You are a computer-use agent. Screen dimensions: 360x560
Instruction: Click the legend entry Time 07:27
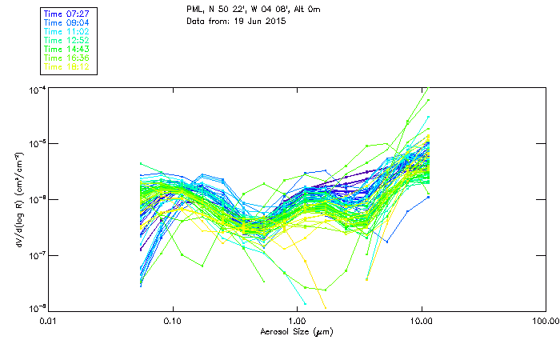tap(66, 14)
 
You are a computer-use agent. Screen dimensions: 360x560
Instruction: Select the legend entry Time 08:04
tap(66, 22)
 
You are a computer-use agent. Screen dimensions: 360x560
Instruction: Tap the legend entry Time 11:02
tap(66, 31)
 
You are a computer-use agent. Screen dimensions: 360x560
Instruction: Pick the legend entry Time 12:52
tap(66, 40)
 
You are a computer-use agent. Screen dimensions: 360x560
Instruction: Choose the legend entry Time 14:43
tap(66, 49)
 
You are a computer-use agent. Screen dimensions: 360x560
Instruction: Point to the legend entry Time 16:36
tap(66, 58)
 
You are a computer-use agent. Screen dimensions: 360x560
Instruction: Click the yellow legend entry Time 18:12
tap(66, 66)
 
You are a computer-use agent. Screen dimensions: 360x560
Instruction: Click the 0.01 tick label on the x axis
tap(49, 322)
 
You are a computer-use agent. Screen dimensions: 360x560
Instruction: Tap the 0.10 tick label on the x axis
tap(173, 322)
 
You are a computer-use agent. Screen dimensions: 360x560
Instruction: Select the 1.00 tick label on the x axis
tap(297, 322)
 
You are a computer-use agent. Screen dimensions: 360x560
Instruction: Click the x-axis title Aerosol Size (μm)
tap(297, 331)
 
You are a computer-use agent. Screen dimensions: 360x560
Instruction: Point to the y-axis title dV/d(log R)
tap(18, 198)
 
